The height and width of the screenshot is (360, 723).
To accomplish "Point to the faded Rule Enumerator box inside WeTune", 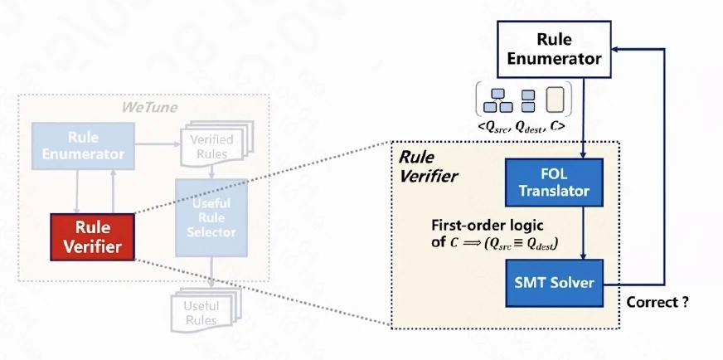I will (x=83, y=146).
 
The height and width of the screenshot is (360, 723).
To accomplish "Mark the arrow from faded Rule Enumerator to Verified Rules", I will (x=158, y=144).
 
